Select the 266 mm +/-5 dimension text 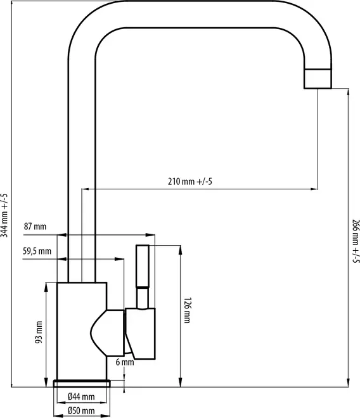tap(355, 241)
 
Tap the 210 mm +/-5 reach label tap(190, 182)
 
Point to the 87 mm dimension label tap(35, 227)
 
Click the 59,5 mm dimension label tap(37, 251)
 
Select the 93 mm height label tap(39, 334)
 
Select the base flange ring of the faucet tap(82, 383)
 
